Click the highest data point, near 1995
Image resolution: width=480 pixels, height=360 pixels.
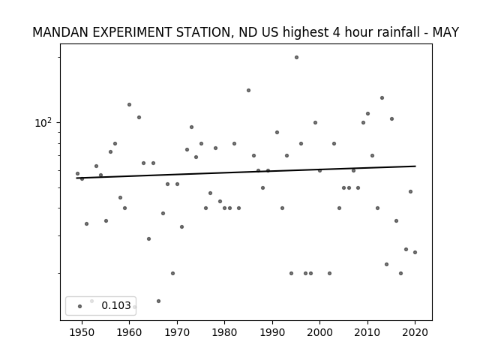[x=296, y=57]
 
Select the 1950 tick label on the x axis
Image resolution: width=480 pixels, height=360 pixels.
[x=82, y=332]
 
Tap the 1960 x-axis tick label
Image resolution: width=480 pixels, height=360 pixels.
[x=129, y=332]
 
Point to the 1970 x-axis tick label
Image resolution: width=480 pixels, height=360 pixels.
[x=177, y=332]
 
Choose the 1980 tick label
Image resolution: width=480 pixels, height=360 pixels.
[x=224, y=332]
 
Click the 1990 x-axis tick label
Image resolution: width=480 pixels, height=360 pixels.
[x=272, y=332]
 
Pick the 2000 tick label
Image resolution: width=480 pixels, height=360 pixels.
[x=320, y=332]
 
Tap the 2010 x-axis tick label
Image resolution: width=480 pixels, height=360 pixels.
[x=367, y=332]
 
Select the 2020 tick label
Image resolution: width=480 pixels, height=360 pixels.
[x=415, y=332]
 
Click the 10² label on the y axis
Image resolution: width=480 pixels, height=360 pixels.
[x=43, y=122]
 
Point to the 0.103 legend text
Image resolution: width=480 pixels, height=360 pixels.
[x=116, y=305]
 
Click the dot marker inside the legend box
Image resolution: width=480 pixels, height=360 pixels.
[x=80, y=306]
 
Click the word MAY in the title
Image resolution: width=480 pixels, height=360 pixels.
[x=445, y=32]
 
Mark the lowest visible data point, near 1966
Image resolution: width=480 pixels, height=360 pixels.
[x=158, y=301]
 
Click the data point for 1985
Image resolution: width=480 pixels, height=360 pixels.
[x=248, y=90]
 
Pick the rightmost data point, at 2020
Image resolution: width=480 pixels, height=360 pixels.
[x=415, y=252]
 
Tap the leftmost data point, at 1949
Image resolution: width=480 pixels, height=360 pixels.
[x=77, y=173]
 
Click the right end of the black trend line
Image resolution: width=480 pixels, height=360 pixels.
[x=415, y=166]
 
